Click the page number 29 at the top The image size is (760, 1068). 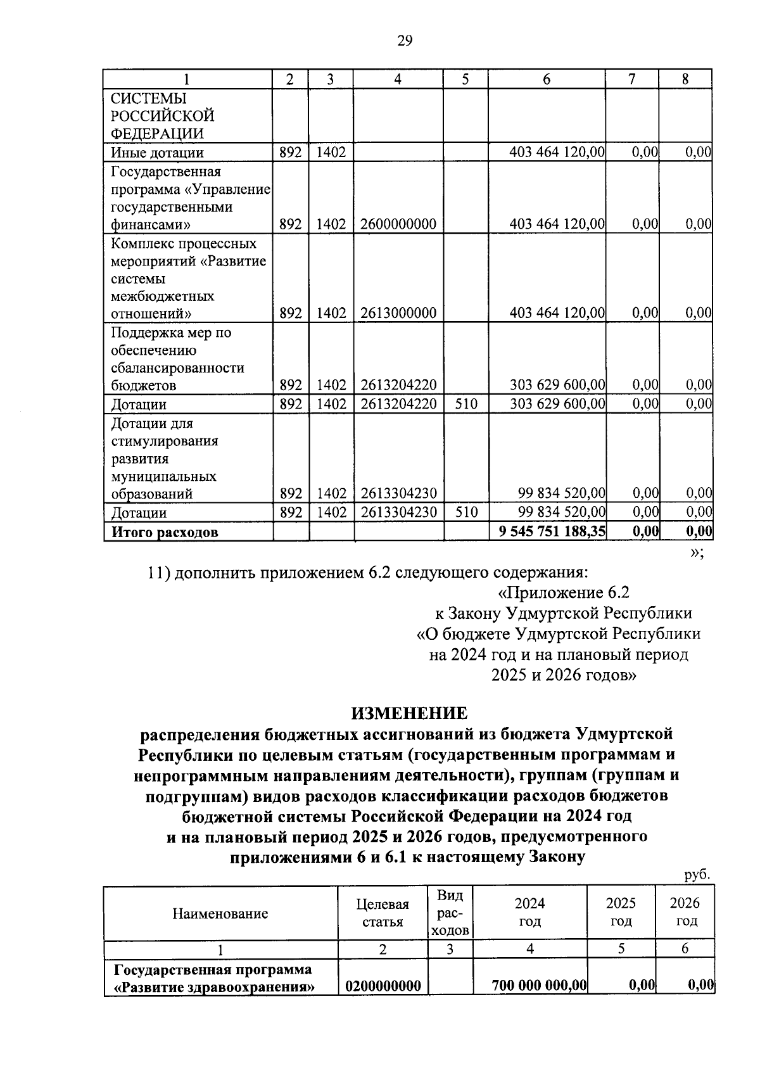coord(405,42)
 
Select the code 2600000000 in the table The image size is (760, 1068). coord(398,224)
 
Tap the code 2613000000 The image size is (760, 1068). coord(398,313)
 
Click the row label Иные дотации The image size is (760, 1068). coord(157,153)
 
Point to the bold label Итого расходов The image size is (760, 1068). coord(165,532)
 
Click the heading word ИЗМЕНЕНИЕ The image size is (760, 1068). coord(409,713)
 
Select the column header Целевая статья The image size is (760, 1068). coord(383,913)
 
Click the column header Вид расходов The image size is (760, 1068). coord(450,913)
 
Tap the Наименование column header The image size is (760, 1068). coord(220,913)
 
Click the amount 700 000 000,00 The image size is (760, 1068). coord(540,986)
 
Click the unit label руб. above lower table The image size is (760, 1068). coord(697,875)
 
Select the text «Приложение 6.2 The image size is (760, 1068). coord(560,593)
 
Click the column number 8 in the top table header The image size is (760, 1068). coord(685,79)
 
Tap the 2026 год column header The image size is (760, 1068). coord(685,912)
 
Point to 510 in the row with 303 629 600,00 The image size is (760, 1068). coord(465,404)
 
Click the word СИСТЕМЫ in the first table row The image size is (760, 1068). coord(149,99)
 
